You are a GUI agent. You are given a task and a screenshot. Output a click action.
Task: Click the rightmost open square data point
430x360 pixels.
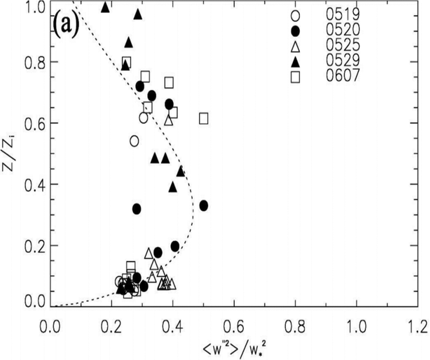pos(204,119)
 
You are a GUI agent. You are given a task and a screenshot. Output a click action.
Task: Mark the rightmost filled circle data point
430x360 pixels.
pos(204,205)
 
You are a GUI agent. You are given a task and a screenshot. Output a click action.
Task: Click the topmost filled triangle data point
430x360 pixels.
pos(105,7)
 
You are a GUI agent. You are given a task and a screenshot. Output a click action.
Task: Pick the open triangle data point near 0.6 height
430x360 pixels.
pos(169,120)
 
